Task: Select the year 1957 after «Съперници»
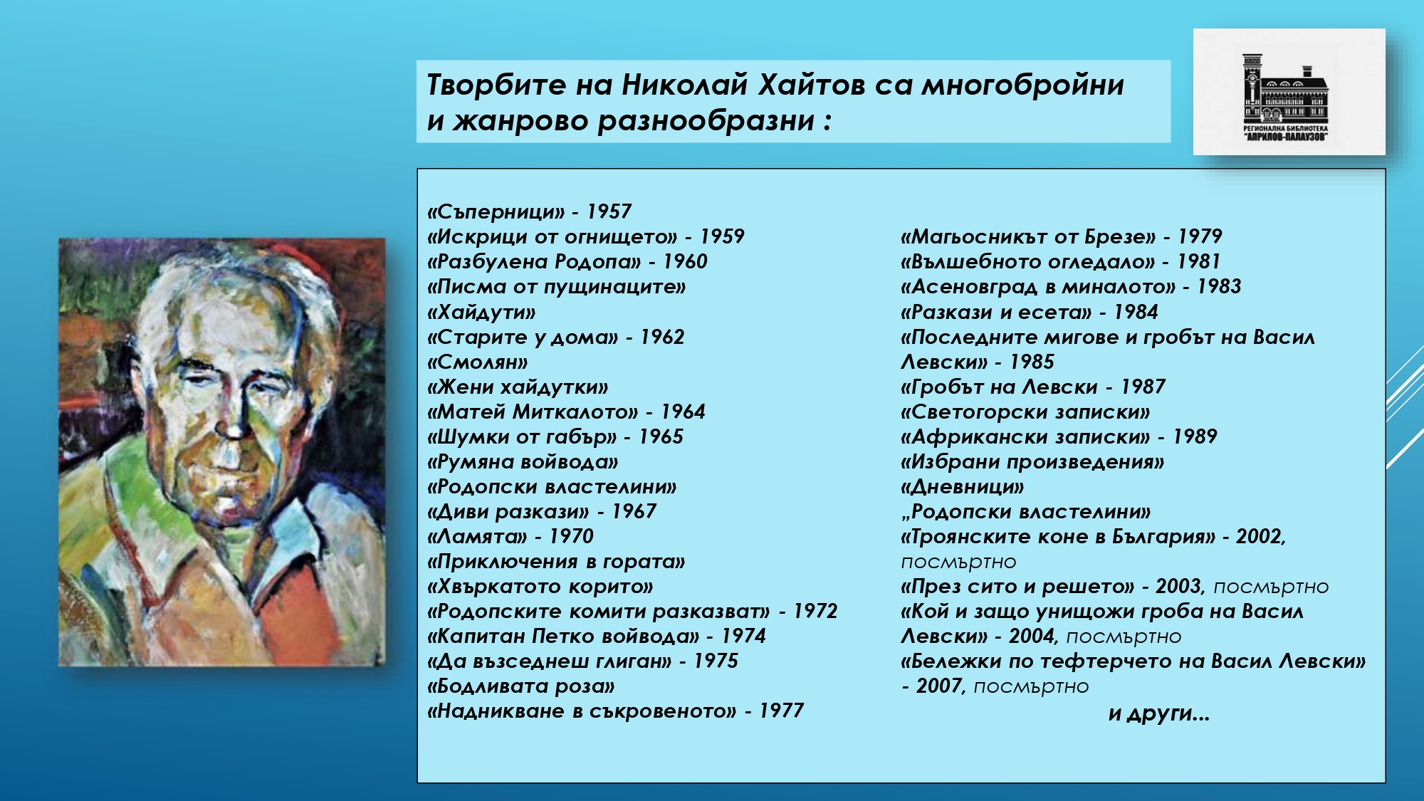(x=609, y=211)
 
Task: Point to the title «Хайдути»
(x=481, y=313)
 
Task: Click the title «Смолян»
(x=478, y=362)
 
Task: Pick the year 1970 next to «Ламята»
(x=571, y=536)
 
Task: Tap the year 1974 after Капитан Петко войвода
(x=743, y=636)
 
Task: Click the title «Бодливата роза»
(x=521, y=686)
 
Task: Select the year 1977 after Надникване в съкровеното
(x=781, y=711)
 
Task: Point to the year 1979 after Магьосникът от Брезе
(x=1200, y=236)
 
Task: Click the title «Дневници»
(x=963, y=487)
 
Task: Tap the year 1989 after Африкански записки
(x=1195, y=436)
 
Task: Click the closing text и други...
(x=1158, y=713)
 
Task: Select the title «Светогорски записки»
(x=1025, y=412)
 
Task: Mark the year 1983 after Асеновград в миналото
(x=1218, y=287)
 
